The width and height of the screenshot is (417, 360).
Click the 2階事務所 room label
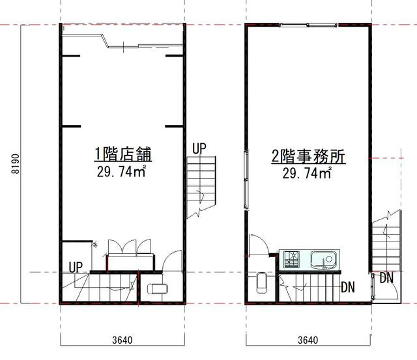[x=308, y=157]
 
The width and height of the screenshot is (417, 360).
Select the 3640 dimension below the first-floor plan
[x=121, y=339]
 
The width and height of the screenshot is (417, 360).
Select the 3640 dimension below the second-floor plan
[x=308, y=339]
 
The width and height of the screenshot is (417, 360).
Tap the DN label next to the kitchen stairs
[x=347, y=286]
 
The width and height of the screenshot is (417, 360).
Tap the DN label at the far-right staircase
[x=386, y=278]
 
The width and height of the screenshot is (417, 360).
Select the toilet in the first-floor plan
[x=157, y=289]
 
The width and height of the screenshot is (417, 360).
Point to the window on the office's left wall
[x=246, y=179]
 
